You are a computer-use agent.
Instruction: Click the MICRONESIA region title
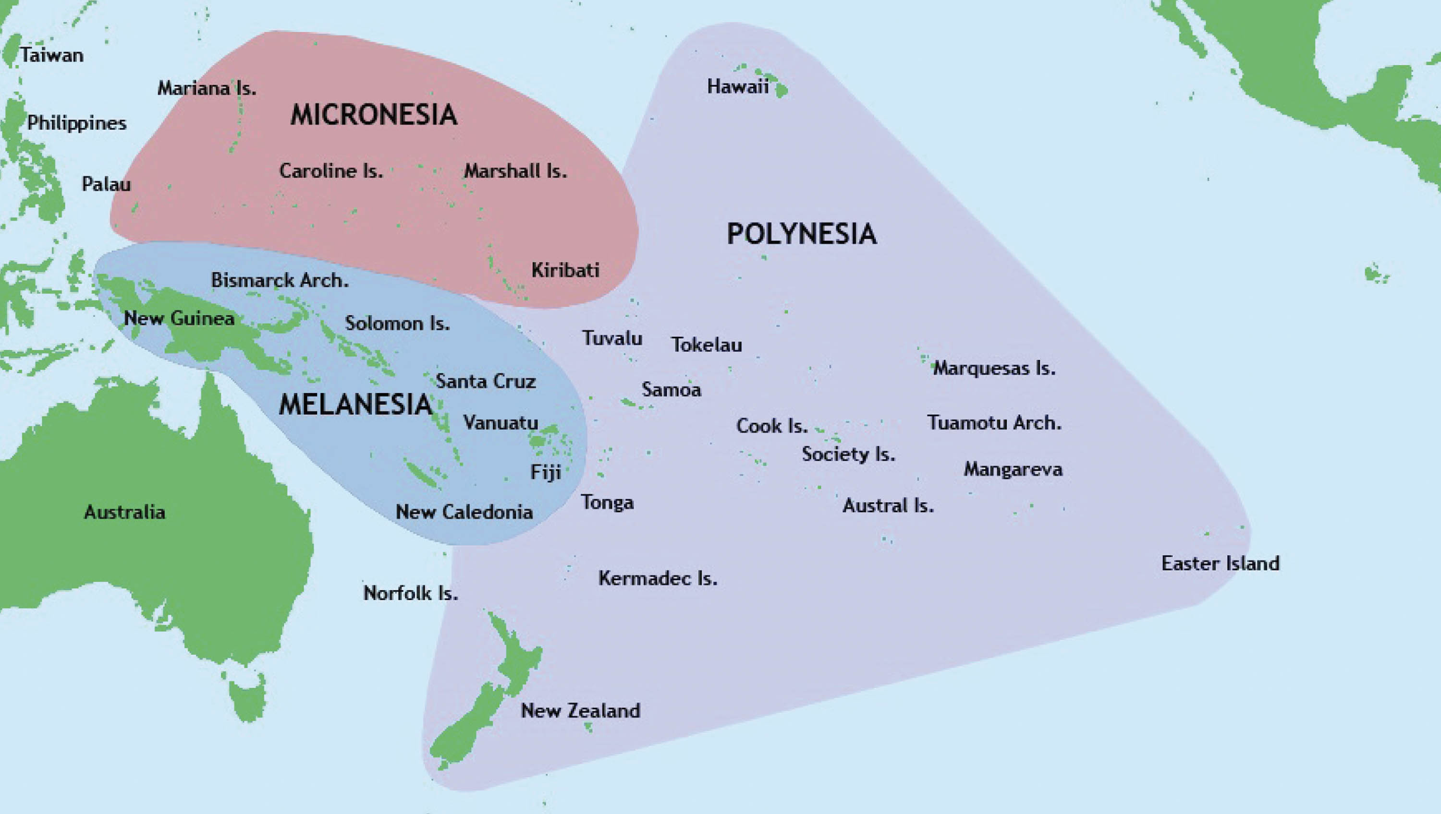click(x=374, y=115)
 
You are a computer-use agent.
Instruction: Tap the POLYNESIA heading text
click(x=801, y=234)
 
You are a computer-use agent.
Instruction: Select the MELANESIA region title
click(x=355, y=404)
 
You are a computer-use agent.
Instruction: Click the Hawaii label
click(x=737, y=87)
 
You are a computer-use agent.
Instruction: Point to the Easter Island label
click(x=1220, y=563)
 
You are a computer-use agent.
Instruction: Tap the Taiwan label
click(x=51, y=55)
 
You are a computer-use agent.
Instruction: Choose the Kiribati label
click(x=565, y=270)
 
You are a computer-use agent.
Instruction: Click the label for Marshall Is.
click(x=515, y=171)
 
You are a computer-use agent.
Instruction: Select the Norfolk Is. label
click(x=411, y=593)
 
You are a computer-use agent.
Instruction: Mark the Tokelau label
click(x=707, y=345)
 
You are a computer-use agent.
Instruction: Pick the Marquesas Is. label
click(x=994, y=369)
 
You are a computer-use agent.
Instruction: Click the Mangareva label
click(x=1013, y=469)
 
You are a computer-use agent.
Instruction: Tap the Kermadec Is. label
click(x=657, y=578)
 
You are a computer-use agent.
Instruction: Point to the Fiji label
click(x=545, y=472)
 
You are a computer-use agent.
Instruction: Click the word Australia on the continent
click(x=124, y=512)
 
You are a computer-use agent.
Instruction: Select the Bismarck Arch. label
click(x=280, y=280)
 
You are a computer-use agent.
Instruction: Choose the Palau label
click(x=106, y=184)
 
